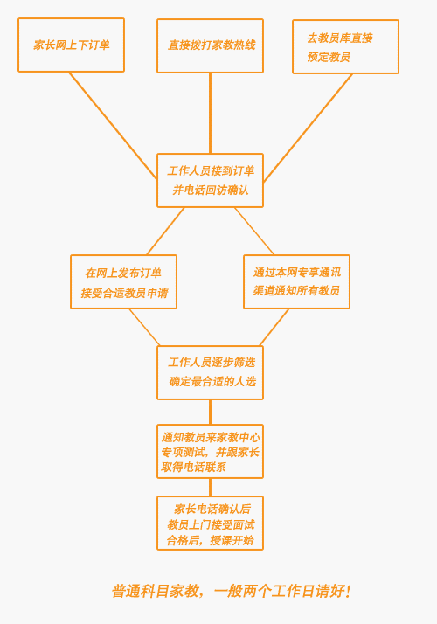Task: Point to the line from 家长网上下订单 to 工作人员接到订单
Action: [x=113, y=126]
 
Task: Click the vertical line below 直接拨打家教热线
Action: [x=210, y=114]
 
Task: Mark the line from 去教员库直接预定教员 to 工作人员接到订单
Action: [x=308, y=128]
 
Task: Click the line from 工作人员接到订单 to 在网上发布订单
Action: [x=165, y=232]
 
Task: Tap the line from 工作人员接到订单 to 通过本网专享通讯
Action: [x=254, y=232]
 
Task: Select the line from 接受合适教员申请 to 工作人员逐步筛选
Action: [x=144, y=327]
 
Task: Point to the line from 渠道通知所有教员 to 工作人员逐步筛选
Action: [x=274, y=327]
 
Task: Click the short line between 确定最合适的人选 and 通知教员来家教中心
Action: [x=210, y=412]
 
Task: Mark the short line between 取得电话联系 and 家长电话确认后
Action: [x=210, y=487]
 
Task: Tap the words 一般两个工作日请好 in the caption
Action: [x=279, y=591]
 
